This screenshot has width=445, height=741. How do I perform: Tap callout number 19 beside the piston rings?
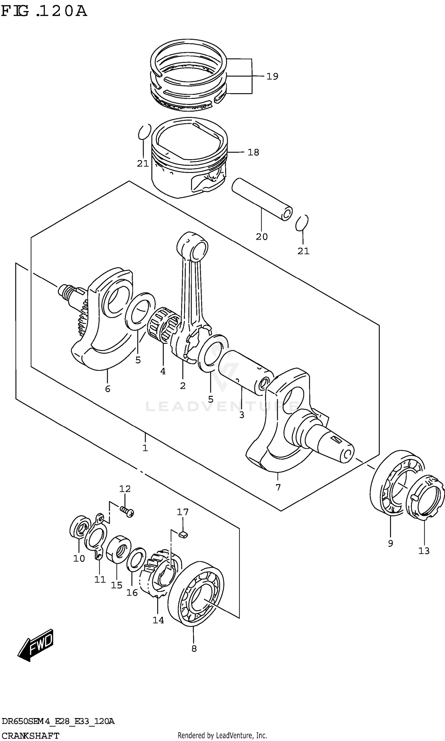272,77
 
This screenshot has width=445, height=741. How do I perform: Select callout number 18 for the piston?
253,152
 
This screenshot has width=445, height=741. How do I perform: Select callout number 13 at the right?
424,551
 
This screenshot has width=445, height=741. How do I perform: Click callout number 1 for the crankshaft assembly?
145,448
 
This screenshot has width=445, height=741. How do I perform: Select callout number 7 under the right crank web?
278,487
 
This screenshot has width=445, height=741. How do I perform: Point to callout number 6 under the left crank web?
108,389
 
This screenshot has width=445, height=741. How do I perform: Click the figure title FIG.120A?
44,11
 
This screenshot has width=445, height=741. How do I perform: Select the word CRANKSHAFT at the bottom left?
30,736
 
